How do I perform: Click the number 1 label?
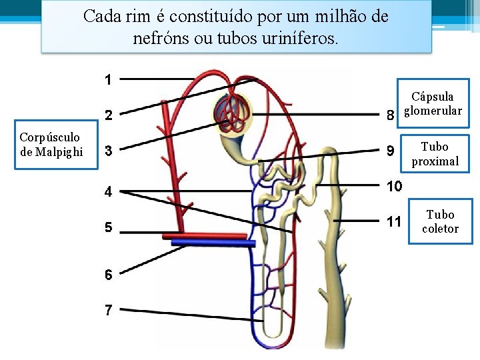[108, 80]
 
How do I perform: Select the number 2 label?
[108, 115]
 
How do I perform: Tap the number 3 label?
[108, 150]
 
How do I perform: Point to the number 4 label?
[108, 193]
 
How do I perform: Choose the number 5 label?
[108, 227]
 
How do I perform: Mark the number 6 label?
[108, 274]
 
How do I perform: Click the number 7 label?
[108, 310]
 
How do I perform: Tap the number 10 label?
[394, 186]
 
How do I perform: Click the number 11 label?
[394, 221]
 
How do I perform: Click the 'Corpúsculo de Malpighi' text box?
[51, 145]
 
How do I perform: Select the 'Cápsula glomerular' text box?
[433, 103]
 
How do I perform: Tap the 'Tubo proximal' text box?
[435, 153]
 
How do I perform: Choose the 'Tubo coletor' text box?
[440, 221]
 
